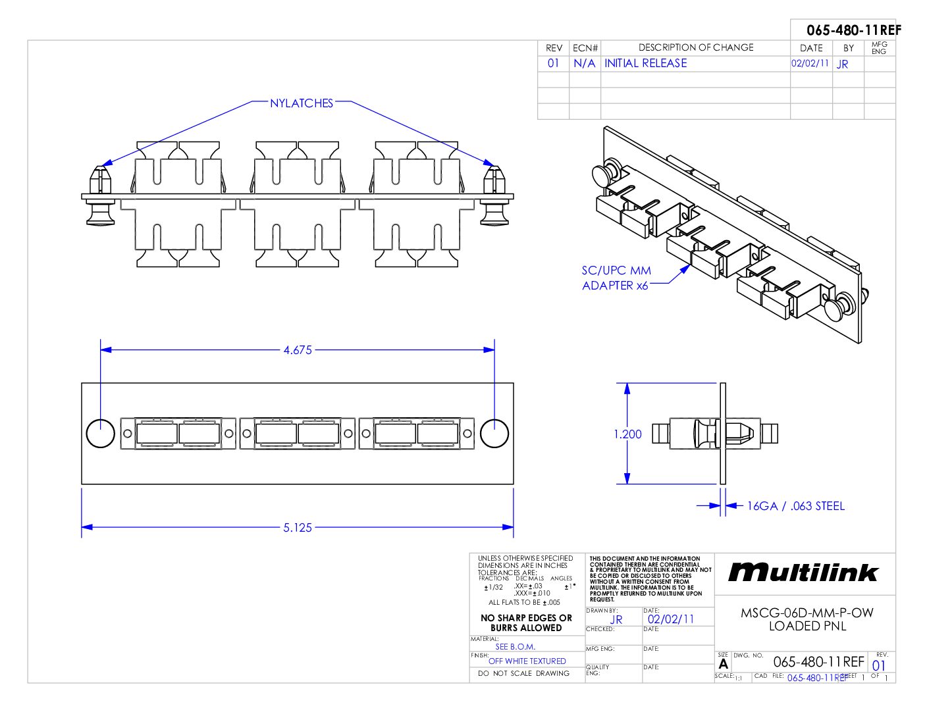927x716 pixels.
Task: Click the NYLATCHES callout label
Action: (302, 103)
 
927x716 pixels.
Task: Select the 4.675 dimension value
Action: (298, 350)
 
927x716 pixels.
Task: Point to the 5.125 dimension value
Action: (298, 527)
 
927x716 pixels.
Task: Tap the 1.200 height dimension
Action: (627, 434)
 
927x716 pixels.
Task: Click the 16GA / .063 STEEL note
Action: (795, 506)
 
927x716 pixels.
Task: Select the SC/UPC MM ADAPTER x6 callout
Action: (616, 278)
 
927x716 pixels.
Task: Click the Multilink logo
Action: (803, 573)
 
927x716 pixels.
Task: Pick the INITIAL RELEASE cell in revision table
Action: (645, 63)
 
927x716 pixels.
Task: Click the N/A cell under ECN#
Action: (584, 63)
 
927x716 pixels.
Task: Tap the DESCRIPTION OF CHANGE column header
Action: (696, 47)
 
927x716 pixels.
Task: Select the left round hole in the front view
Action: (101, 433)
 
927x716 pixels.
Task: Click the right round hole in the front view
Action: (494, 433)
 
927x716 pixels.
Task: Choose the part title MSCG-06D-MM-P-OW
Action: (807, 613)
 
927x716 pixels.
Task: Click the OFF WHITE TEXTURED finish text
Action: (527, 661)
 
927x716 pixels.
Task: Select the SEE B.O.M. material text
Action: (515, 646)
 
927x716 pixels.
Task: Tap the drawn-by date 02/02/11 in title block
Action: (671, 619)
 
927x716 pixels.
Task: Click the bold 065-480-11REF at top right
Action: (853, 30)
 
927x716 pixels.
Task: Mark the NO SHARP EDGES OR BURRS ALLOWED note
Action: (526, 623)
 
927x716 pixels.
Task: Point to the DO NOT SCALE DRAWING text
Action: (523, 673)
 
